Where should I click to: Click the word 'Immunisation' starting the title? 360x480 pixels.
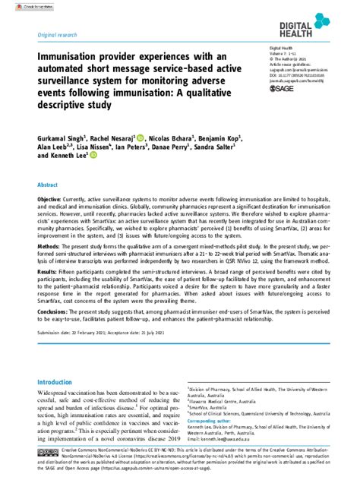click(67, 57)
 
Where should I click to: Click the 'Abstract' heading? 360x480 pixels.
click(47, 185)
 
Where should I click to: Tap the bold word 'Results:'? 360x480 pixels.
click(49, 291)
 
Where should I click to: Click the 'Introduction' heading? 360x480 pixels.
click(58, 384)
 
